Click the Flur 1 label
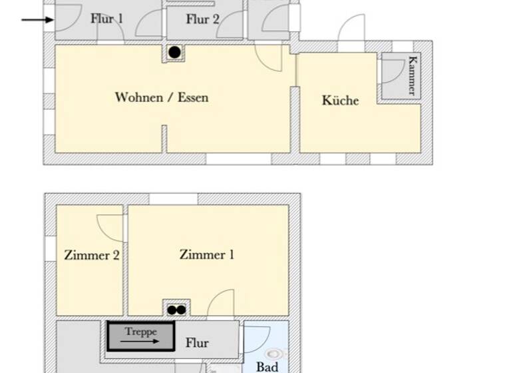[106, 19]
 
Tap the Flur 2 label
[202, 19]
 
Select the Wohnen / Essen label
[162, 97]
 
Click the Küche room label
[340, 101]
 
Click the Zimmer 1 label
[207, 254]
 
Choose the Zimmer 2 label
[92, 255]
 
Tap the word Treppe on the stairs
[140, 332]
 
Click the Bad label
[267, 366]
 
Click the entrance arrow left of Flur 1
[37, 19]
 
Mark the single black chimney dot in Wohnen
[174, 52]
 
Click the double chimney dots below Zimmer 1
[176, 310]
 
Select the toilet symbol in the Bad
[273, 354]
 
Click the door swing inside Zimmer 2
[110, 227]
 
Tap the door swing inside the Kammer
[392, 70]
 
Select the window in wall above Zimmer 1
[173, 198]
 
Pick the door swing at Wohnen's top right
[270, 58]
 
